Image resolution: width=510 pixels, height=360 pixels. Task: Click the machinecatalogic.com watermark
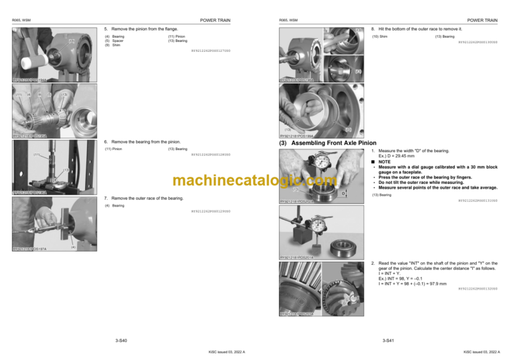(254, 181)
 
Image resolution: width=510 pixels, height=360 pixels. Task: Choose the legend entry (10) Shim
(380, 37)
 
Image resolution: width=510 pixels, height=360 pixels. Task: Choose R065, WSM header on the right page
(289, 21)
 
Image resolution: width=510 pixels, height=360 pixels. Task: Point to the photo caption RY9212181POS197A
(31, 249)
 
